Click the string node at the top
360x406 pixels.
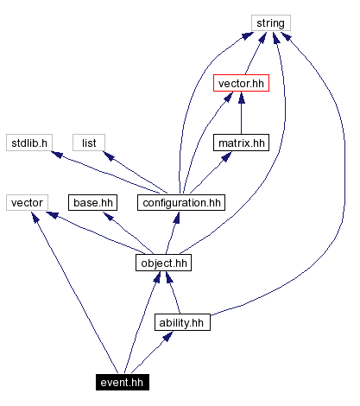click(x=271, y=23)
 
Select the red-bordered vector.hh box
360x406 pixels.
click(x=241, y=84)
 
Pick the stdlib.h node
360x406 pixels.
click(x=28, y=143)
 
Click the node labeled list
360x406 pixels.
click(x=89, y=143)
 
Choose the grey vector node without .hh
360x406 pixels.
click(x=28, y=203)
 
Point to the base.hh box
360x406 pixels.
click(x=92, y=203)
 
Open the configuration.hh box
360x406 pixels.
click(x=180, y=203)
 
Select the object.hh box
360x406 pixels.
click(x=163, y=263)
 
